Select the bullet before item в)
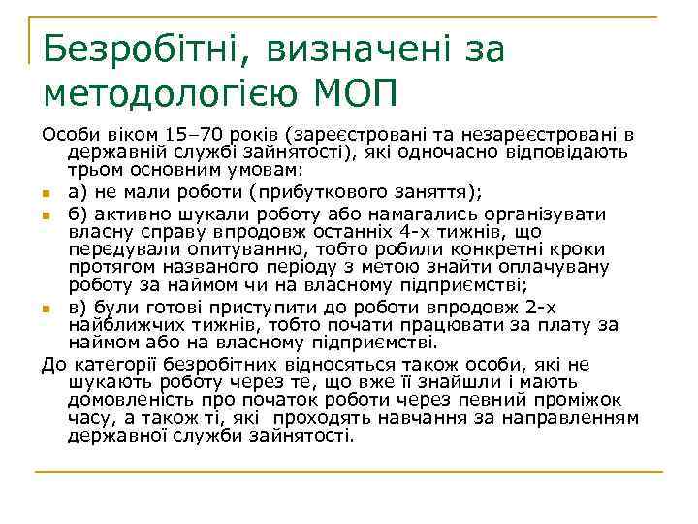click(x=48, y=309)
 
